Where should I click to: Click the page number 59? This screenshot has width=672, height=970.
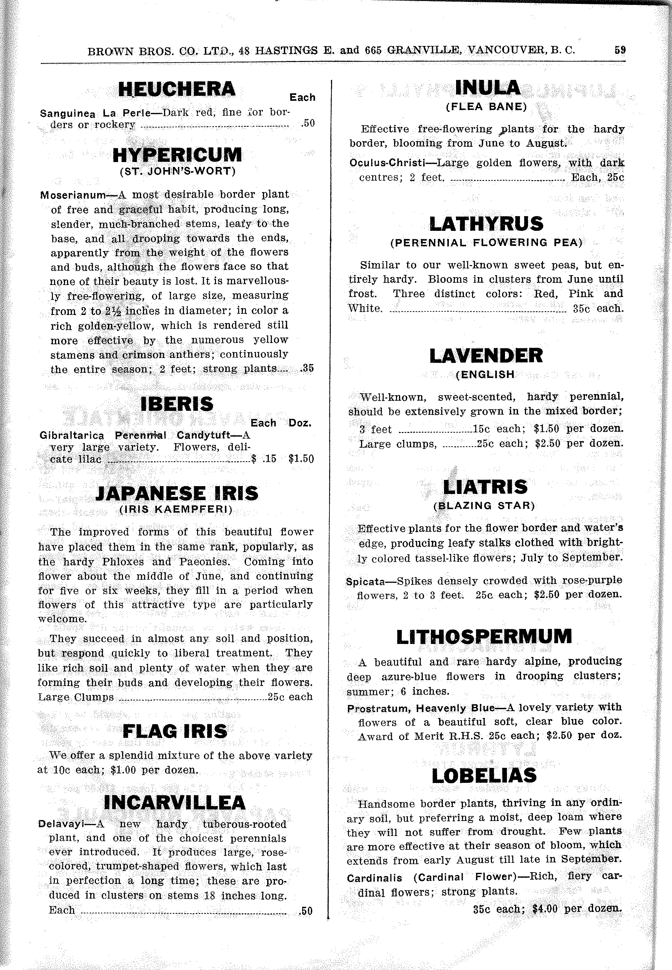(x=619, y=50)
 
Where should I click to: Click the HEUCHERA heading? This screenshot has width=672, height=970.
(x=177, y=89)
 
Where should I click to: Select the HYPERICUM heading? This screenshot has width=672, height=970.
(x=177, y=155)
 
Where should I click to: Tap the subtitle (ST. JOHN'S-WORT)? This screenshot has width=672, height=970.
(x=177, y=171)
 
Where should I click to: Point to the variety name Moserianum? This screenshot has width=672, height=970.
(x=73, y=195)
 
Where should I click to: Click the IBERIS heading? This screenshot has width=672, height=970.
(x=177, y=404)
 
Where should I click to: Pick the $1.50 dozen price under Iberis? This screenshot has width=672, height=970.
(x=301, y=459)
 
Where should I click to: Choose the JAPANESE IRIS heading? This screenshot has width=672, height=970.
(x=177, y=494)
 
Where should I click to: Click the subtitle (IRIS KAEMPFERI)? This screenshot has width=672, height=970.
(x=176, y=510)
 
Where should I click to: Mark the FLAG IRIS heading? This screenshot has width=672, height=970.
(x=175, y=732)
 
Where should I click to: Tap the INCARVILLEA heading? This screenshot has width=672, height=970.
(x=174, y=802)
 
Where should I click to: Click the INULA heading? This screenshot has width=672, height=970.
(x=488, y=88)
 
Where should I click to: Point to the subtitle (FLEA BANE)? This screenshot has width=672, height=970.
(x=486, y=107)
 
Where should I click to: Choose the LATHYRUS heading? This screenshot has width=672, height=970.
(x=486, y=224)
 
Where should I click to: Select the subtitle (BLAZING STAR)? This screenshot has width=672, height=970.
(x=484, y=505)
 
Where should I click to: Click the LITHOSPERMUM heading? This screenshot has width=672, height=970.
(x=484, y=637)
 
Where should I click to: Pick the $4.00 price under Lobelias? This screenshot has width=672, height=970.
(x=545, y=909)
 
